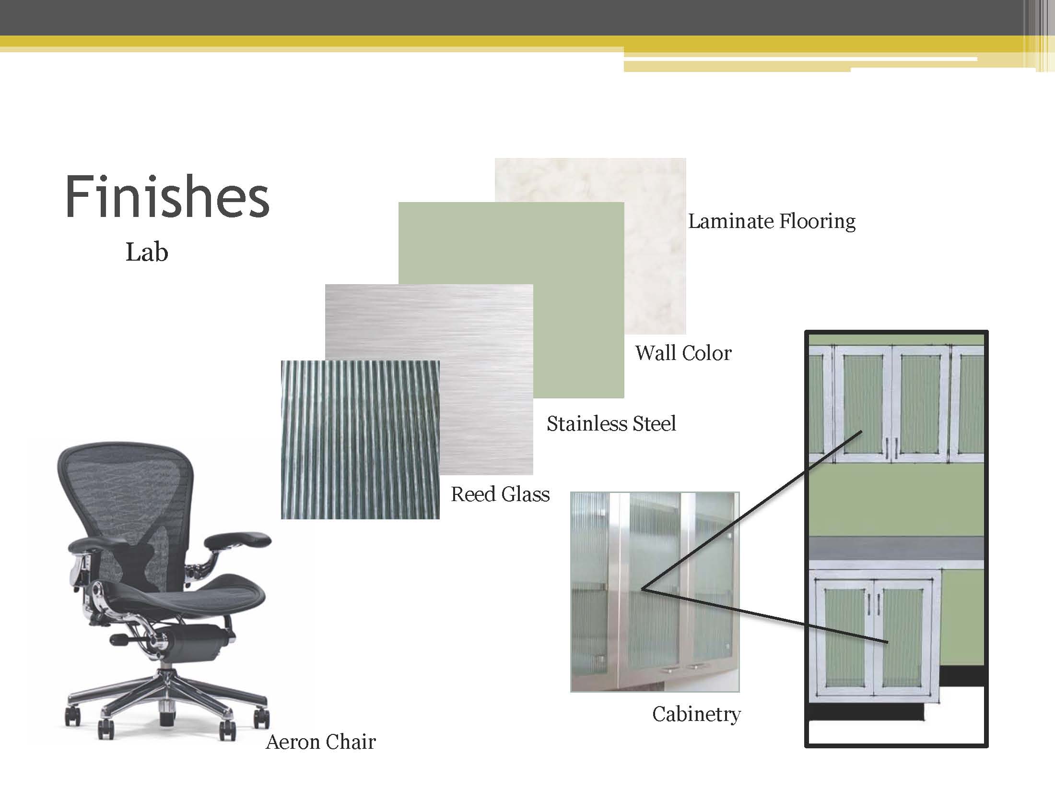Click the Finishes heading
[x=167, y=197]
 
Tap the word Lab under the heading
[x=147, y=252]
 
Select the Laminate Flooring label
[x=772, y=221]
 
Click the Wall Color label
[x=683, y=353]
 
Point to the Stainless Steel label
[x=611, y=423]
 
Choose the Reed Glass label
[x=500, y=494]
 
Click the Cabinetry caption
[x=696, y=715]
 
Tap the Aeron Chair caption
[x=321, y=742]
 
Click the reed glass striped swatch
[x=360, y=440]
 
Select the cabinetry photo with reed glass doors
[x=655, y=591]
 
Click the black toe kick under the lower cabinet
[x=867, y=712]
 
